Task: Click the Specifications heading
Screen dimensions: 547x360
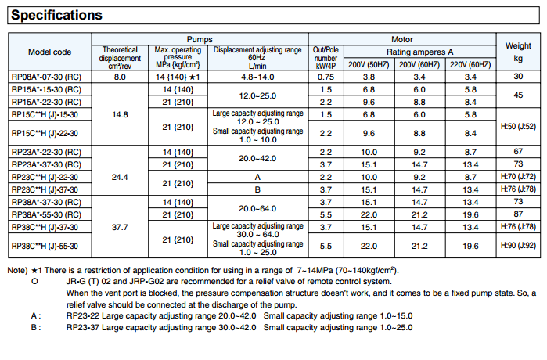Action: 56,15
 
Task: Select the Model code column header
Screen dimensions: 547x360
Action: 49,52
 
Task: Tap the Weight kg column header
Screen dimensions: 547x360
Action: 518,52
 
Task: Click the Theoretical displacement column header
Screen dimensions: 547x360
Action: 120,58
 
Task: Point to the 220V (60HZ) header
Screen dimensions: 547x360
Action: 470,64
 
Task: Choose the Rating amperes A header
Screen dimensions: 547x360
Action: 419,52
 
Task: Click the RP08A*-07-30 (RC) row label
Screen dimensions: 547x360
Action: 46,77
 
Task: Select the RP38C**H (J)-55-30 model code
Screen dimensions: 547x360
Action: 45,246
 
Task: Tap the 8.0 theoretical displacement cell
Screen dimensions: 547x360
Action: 120,77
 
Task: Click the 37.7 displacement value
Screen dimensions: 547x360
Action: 120,228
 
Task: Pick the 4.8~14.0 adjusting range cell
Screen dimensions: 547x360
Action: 257,77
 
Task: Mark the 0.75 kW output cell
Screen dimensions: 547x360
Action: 326,77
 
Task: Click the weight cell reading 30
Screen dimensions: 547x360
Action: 518,77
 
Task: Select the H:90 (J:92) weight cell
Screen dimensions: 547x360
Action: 518,246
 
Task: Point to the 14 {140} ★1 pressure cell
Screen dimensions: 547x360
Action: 178,77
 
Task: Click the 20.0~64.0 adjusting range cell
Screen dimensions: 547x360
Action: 257,209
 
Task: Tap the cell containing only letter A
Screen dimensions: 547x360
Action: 257,177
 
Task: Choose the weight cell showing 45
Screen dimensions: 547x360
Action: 518,95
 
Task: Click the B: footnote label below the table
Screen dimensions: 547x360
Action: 36,328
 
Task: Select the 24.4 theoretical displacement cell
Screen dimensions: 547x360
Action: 120,177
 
